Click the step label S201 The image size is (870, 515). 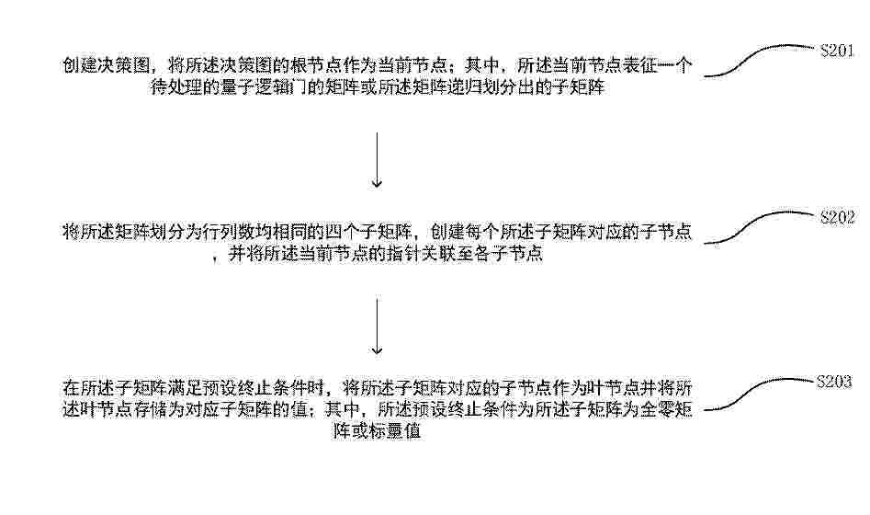coord(837,51)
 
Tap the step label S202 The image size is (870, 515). coord(837,217)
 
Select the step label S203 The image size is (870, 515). coord(834,382)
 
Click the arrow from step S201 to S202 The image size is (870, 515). coord(378,159)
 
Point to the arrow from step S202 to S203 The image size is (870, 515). coord(378,326)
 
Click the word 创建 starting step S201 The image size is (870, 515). coord(81,66)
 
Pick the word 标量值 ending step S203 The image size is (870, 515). coord(394,431)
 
